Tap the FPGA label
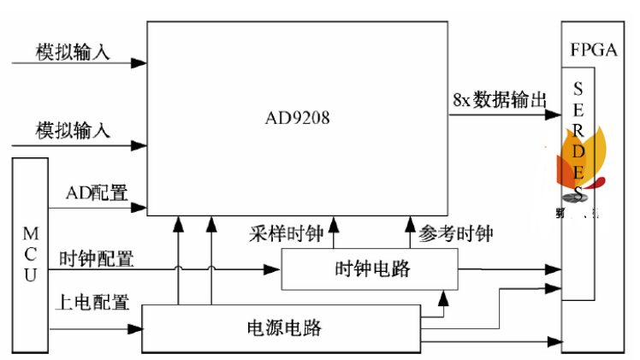point(593,49)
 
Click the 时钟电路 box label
point(371,269)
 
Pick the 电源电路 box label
point(285,328)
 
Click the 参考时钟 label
point(456,233)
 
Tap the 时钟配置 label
point(96,258)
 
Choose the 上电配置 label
point(92,302)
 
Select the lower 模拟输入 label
point(73,131)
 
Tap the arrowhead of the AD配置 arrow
point(139,206)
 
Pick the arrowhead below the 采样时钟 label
point(334,222)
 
